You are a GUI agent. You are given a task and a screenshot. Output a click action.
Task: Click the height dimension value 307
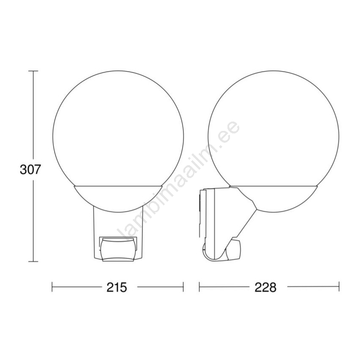coord(30,169)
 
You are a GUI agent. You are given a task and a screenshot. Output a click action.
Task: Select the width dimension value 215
coord(116,287)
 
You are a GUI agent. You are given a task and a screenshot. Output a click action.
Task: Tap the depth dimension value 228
coord(266,287)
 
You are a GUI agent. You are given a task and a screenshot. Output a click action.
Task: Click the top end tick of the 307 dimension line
coord(33,71)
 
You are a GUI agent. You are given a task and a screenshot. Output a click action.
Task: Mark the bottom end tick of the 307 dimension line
coord(33,261)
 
